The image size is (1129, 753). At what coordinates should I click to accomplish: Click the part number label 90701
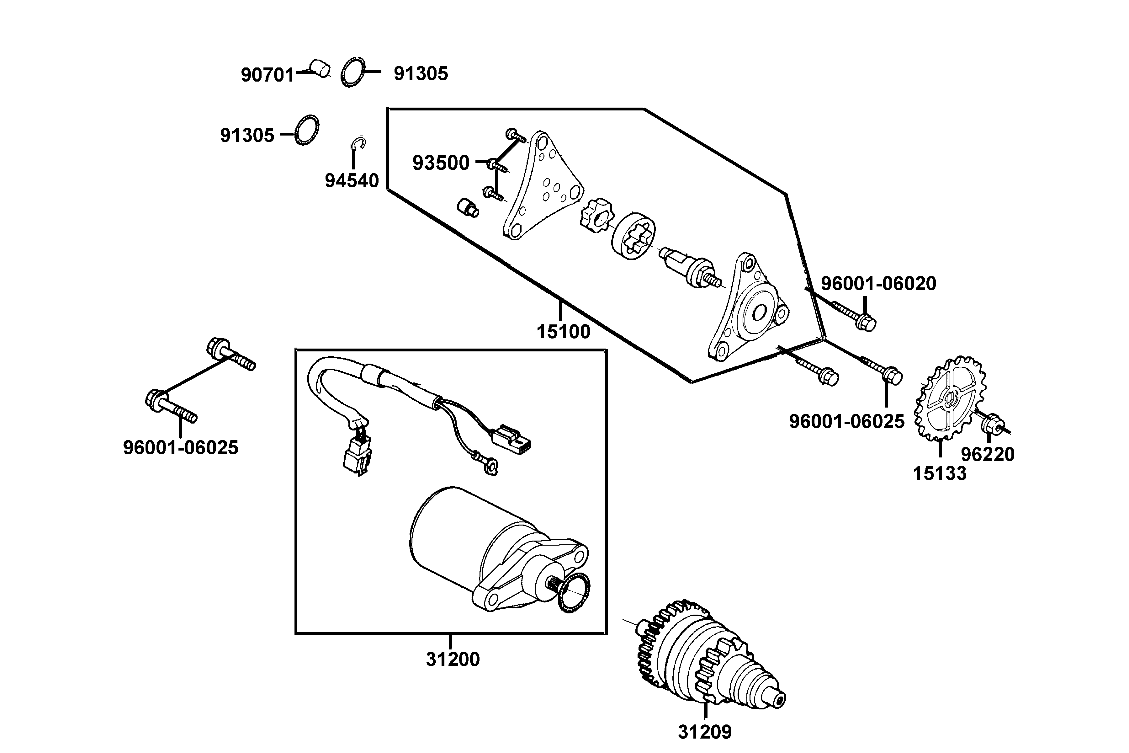pyautogui.click(x=267, y=75)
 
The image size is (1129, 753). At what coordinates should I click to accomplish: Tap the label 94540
pyautogui.click(x=352, y=181)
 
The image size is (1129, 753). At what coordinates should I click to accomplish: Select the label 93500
pyautogui.click(x=441, y=163)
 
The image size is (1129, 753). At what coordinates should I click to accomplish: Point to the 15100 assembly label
pyautogui.click(x=563, y=332)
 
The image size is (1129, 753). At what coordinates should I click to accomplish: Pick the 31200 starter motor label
pyautogui.click(x=453, y=660)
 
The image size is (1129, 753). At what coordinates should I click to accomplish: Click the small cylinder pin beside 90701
pyautogui.click(x=319, y=68)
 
